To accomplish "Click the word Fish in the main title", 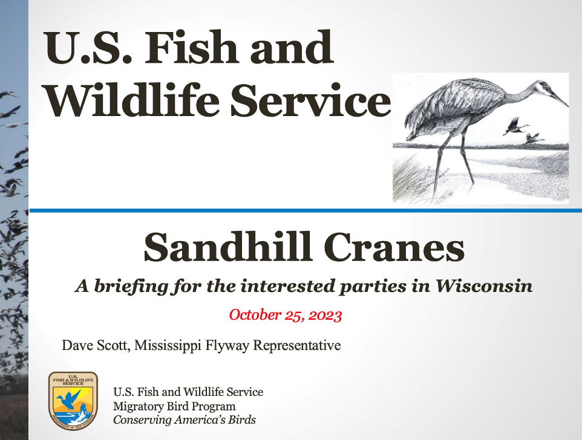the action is click(x=192, y=48).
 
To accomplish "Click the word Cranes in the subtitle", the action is click(x=394, y=247).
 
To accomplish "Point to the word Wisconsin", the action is click(x=484, y=286).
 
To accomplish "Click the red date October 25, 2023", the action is click(x=286, y=315).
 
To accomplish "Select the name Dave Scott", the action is click(x=96, y=345).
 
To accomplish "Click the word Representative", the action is click(x=297, y=346).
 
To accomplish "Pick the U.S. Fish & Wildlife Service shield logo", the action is click(x=73, y=401).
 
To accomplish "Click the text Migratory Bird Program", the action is click(x=174, y=406).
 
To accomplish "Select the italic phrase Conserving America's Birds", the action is click(x=185, y=420).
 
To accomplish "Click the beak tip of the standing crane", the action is click(x=567, y=106).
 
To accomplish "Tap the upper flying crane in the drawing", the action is click(x=515, y=127).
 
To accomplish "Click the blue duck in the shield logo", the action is click(x=68, y=400).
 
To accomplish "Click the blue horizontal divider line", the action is click(x=306, y=210).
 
